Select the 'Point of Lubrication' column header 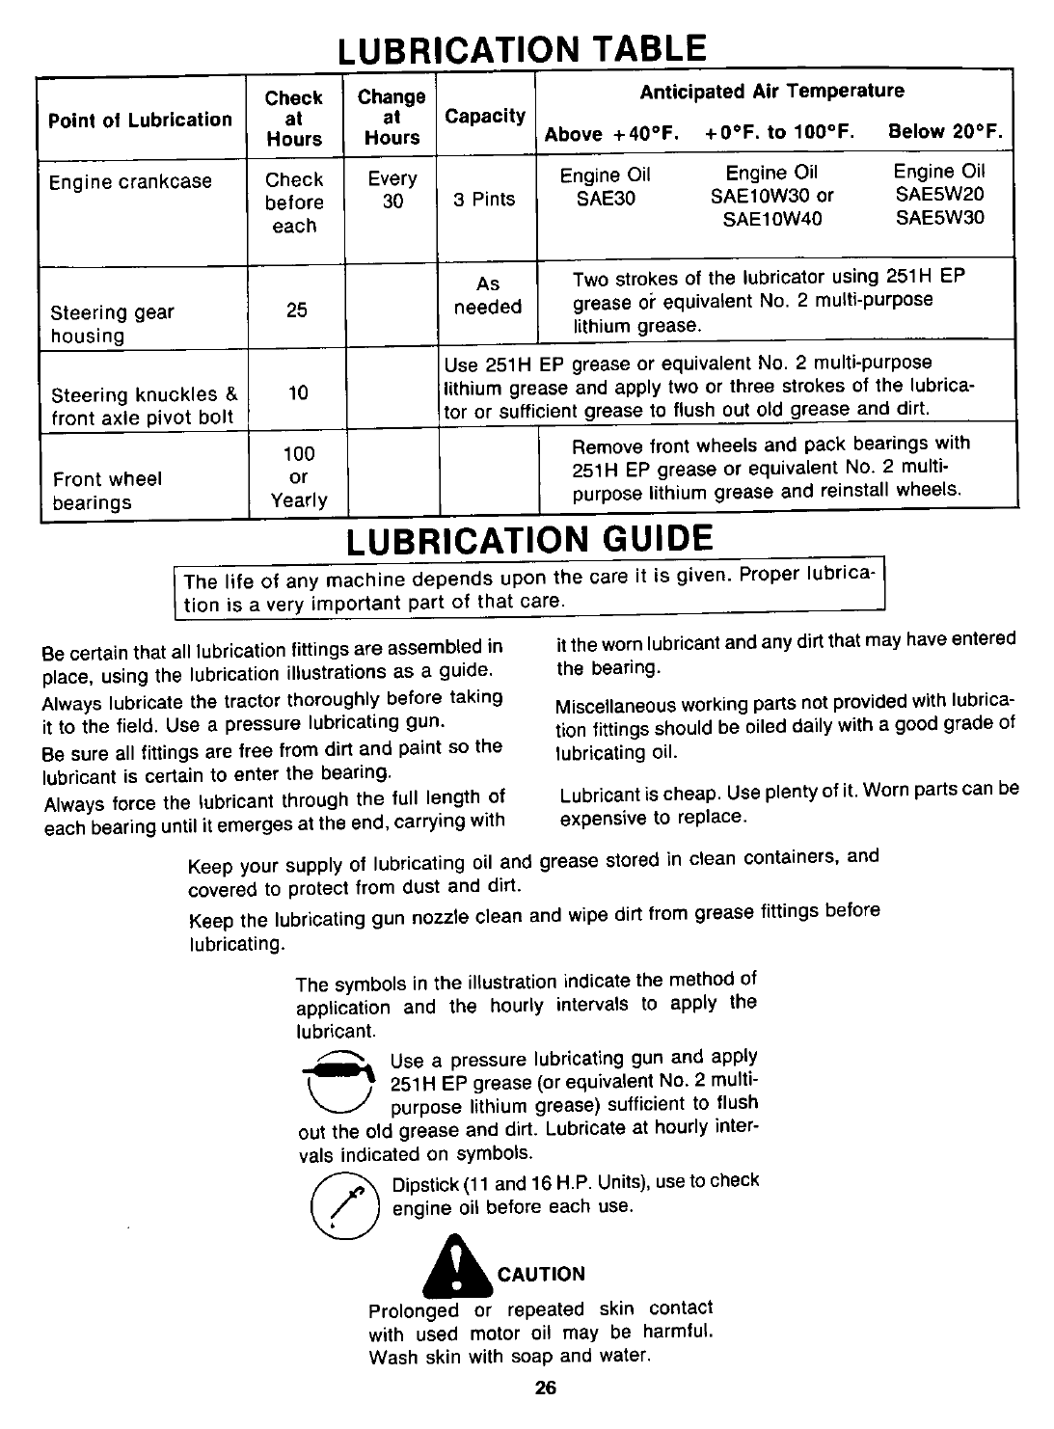pos(141,120)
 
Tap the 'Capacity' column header pos(485,117)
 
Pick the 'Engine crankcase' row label pos(130,181)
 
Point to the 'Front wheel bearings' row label pos(107,491)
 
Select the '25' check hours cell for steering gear pos(297,311)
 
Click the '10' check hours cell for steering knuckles pos(298,392)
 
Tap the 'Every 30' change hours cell pos(392,190)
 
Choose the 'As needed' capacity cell pos(488,296)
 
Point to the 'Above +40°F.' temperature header pos(613,134)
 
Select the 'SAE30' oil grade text pos(606,198)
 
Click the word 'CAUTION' pos(541,1274)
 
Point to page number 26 pos(544,1389)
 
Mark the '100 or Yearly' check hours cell pos(298,476)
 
